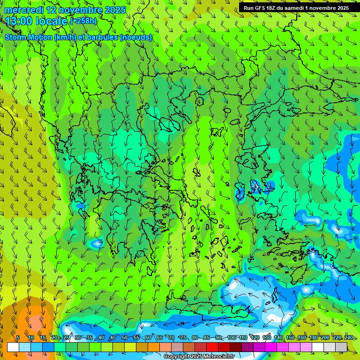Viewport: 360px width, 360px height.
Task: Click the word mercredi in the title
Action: [x=23, y=10]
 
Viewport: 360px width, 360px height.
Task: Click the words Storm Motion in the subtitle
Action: [x=27, y=37]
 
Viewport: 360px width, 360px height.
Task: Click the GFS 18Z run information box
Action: [x=296, y=7]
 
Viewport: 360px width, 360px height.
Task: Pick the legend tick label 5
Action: [x=18, y=337]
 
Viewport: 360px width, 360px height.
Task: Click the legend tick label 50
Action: [x=124, y=337]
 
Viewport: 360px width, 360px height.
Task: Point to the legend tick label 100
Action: [x=232, y=337]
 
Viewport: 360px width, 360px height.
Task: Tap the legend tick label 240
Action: [x=348, y=337]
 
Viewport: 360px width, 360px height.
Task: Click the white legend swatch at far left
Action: [x=13, y=347]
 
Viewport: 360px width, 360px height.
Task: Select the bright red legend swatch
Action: [x=212, y=347]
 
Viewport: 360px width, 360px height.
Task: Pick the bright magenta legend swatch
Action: [x=271, y=347]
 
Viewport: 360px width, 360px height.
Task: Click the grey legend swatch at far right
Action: [x=341, y=347]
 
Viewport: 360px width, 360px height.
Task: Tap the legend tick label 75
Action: [x=183, y=337]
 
